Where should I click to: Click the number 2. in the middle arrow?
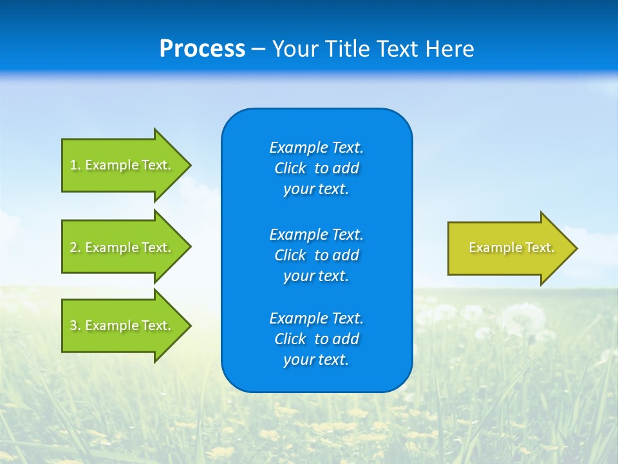pos(75,247)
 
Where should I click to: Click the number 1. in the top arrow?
pos(75,165)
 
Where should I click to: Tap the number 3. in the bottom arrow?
pos(75,325)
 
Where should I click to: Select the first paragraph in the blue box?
pos(316,168)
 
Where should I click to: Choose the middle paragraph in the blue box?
pos(316,255)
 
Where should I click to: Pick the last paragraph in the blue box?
pos(316,339)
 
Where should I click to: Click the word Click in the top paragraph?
pos(290,168)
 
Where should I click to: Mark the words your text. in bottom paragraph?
pos(316,360)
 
